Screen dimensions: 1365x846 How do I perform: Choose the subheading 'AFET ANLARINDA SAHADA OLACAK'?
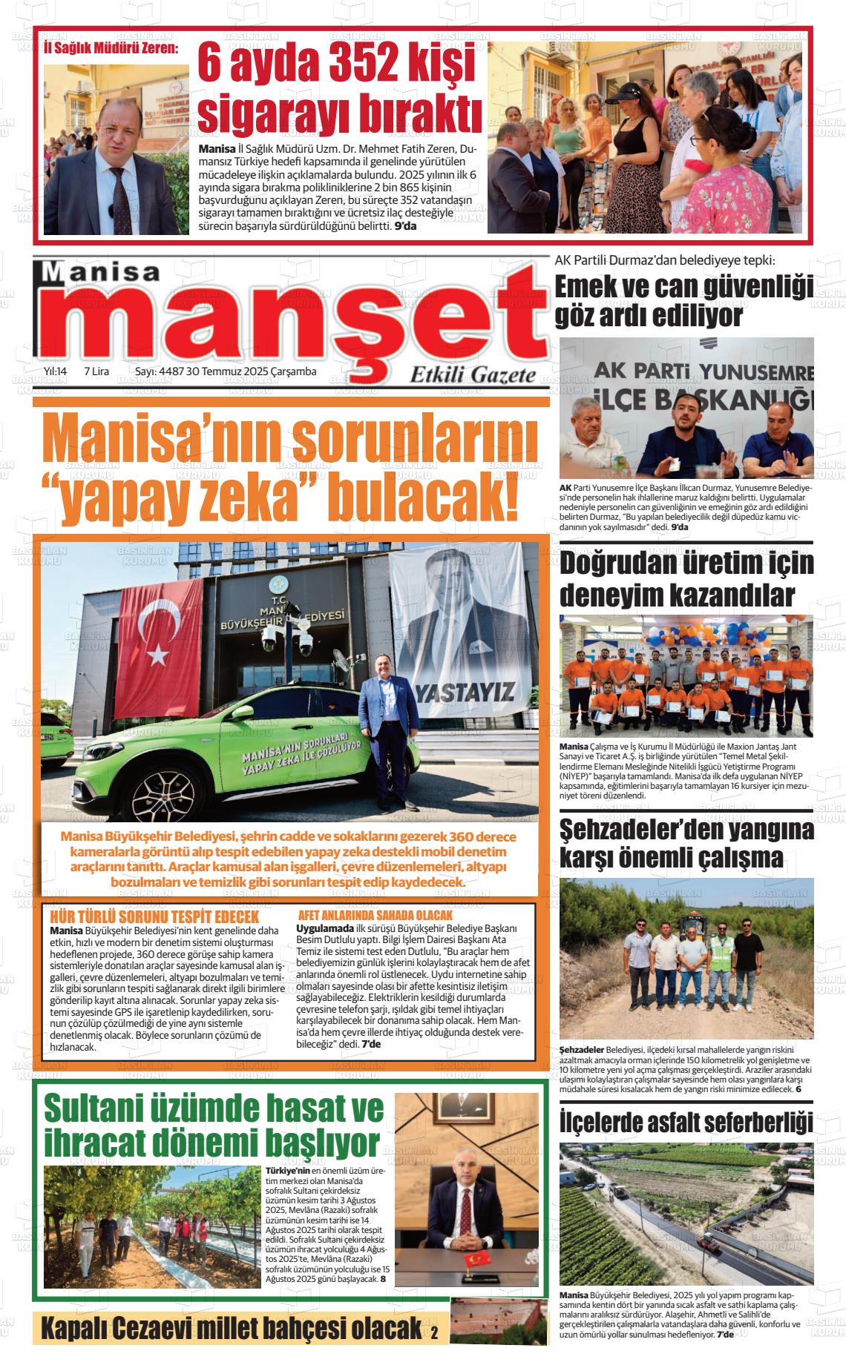[x=375, y=916]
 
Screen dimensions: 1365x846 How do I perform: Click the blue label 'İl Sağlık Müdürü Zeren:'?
[x=111, y=49]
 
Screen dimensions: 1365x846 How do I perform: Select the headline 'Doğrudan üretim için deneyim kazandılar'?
[x=686, y=578]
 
